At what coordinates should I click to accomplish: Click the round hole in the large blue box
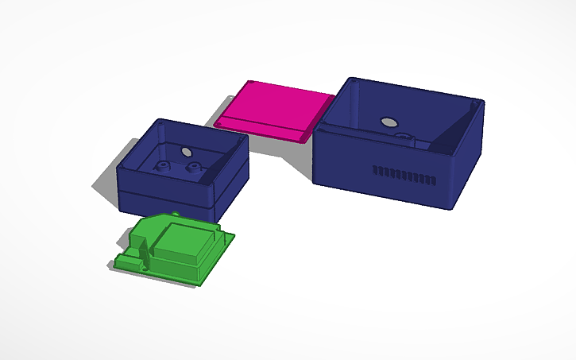(x=389, y=122)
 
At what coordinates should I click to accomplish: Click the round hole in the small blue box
(x=187, y=151)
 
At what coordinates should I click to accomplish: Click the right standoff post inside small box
(x=193, y=168)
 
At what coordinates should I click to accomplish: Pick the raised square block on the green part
(x=184, y=243)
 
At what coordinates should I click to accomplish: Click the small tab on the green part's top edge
(x=172, y=215)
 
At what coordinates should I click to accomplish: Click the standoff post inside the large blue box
(x=406, y=140)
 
